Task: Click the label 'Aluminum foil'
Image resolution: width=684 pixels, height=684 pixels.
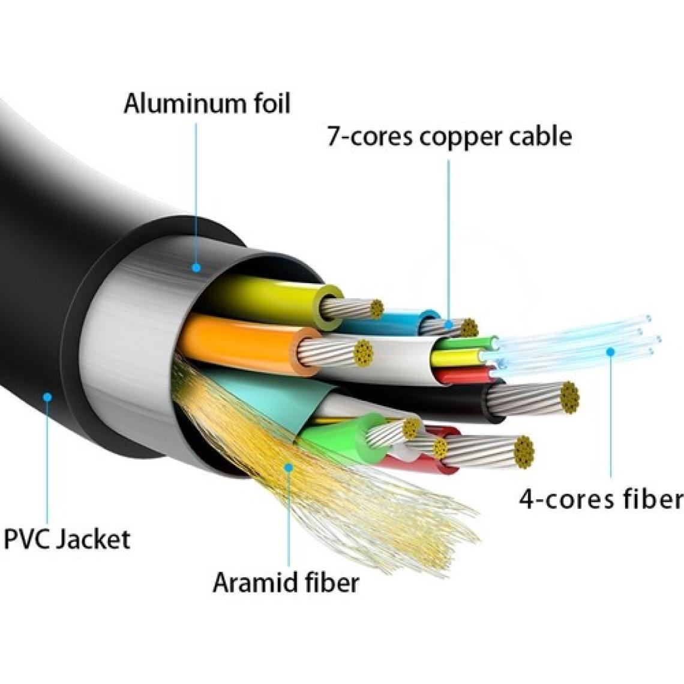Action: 207,104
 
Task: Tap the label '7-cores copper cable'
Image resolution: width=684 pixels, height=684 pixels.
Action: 449,136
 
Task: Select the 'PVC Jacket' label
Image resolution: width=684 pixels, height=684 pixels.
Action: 67,539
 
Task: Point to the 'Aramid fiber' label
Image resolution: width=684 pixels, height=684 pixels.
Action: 286,582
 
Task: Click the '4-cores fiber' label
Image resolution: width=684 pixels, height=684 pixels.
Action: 601,499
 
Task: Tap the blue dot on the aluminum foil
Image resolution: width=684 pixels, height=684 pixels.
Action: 196,268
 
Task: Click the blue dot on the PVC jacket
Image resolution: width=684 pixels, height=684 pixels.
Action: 47,397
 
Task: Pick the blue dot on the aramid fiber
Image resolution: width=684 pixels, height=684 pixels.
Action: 289,467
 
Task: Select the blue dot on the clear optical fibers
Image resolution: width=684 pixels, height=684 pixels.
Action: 610,352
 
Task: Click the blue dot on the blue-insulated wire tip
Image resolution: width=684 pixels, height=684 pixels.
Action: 448,324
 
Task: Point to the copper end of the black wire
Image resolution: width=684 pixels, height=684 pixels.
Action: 570,398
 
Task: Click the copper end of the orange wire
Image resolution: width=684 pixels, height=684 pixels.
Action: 363,353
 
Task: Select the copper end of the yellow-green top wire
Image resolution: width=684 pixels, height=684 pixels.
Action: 376,309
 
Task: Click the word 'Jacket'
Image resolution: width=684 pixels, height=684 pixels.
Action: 94,539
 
